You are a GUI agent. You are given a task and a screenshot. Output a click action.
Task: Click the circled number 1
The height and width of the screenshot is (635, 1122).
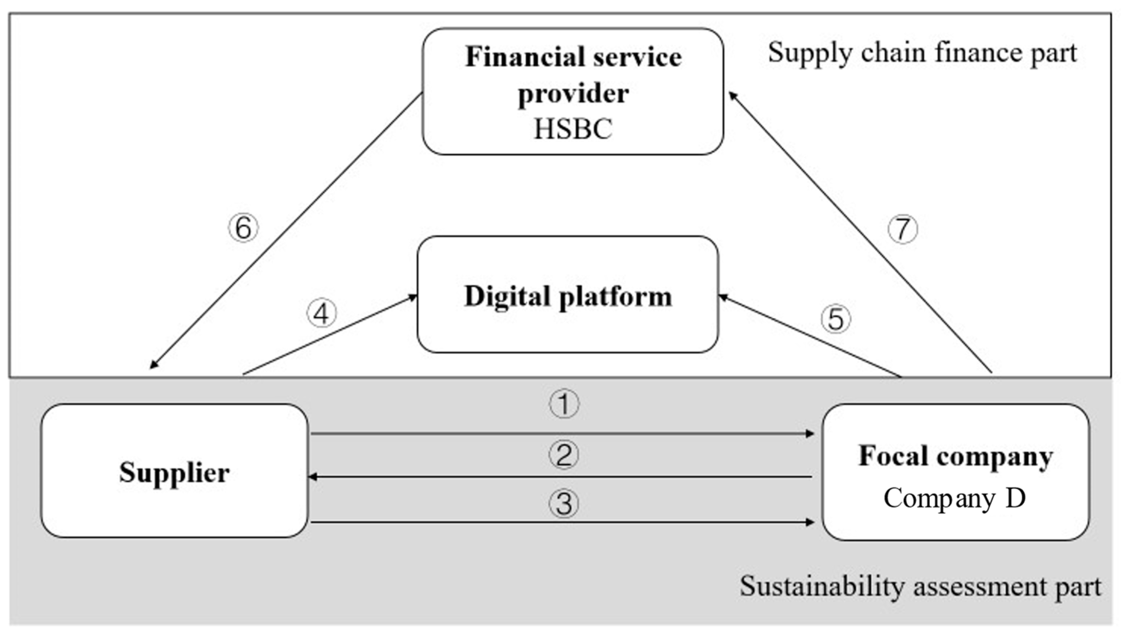coord(563,404)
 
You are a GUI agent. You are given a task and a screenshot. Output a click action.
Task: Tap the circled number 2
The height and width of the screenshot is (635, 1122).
coord(563,455)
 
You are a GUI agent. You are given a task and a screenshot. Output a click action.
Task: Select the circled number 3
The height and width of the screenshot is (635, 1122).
coord(563,504)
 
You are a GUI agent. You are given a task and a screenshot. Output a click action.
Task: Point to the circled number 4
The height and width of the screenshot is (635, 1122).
coord(322,313)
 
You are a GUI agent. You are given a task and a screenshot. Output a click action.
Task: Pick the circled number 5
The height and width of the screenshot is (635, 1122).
coord(835,319)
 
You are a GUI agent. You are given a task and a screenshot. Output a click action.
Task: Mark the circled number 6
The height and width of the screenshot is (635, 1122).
coord(243,227)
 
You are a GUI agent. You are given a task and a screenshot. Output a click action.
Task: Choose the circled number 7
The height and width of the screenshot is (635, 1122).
coord(903,229)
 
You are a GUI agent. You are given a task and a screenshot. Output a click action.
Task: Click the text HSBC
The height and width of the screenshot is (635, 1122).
coord(573,129)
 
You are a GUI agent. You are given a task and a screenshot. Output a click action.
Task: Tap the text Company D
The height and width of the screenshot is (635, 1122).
coord(955,498)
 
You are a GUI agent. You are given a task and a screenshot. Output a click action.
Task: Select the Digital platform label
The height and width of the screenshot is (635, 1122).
coord(568,297)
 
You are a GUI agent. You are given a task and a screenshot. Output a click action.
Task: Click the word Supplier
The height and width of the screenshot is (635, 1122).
coord(175,472)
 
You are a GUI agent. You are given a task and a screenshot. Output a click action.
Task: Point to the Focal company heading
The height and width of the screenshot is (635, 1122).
coord(956,456)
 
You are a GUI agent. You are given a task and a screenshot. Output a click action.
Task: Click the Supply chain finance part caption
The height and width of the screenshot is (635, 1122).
coord(922,53)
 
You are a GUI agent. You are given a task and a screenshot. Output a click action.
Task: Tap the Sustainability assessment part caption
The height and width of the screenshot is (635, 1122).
coord(920,586)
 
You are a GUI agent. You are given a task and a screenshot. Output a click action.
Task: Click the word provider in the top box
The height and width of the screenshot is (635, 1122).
coord(573,93)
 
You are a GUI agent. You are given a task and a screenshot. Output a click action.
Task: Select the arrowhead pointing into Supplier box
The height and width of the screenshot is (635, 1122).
coord(312,477)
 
